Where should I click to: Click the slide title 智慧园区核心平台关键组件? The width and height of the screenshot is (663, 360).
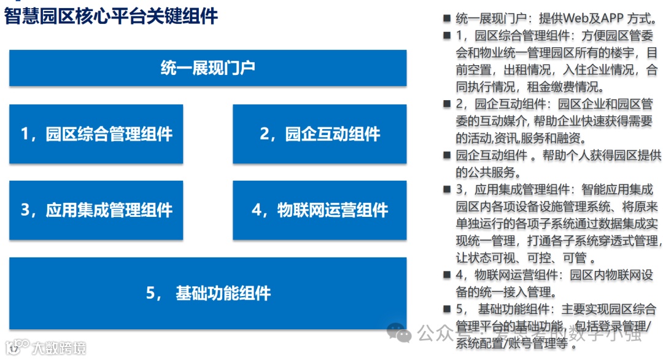click(111, 16)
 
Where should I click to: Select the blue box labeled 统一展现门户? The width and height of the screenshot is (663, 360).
click(207, 68)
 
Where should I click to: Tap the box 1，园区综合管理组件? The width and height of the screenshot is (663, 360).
click(96, 134)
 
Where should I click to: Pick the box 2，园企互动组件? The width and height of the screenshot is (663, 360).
click(319, 134)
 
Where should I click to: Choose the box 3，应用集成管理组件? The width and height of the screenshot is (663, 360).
click(96, 210)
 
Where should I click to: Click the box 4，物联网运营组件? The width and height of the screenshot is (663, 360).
click(319, 210)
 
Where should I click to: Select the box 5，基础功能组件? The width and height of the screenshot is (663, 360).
click(207, 293)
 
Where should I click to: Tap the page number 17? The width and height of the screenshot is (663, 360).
click(14, 350)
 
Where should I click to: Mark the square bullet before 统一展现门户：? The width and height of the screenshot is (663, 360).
click(446, 18)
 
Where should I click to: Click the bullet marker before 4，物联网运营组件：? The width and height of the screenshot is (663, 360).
click(446, 275)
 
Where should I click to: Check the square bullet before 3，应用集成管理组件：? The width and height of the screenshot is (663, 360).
click(446, 190)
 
